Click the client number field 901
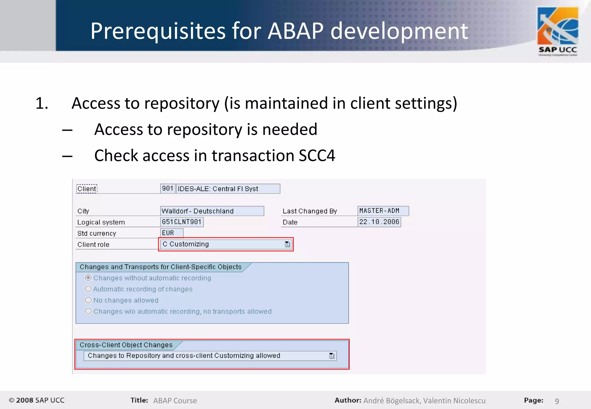168,189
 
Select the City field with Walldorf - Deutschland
212,211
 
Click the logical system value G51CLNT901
182,222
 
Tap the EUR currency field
171,233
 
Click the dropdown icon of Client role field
287,244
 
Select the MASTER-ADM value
383,211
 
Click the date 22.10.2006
379,222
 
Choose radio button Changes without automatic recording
88,278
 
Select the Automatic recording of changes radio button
88,289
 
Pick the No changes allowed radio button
88,300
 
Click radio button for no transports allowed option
88,311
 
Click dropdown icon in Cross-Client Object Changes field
332,356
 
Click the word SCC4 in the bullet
317,156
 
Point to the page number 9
557,401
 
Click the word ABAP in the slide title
295,31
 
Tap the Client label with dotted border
87,189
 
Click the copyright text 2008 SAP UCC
37,400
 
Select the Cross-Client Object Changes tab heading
126,345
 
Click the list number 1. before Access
42,103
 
